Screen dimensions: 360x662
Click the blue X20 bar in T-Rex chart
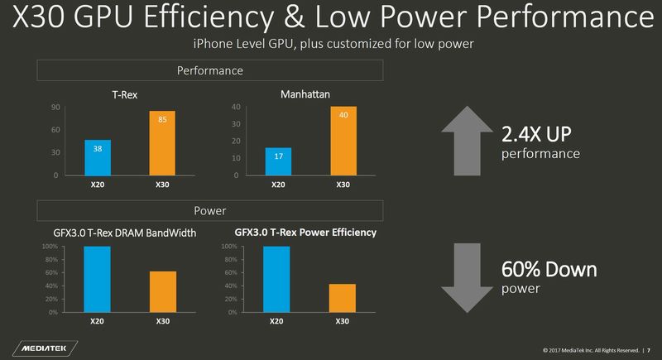coord(97,157)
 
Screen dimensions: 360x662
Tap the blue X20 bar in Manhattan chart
coord(278,161)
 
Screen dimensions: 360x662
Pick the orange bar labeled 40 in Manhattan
coord(343,141)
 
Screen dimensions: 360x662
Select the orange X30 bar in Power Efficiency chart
coord(343,298)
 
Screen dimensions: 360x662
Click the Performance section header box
coord(209,71)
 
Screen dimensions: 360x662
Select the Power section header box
coord(209,211)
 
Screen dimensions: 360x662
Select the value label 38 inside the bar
coord(97,149)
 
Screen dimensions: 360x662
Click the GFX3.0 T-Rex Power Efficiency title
coord(305,233)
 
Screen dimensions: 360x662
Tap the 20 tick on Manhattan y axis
coord(235,141)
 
